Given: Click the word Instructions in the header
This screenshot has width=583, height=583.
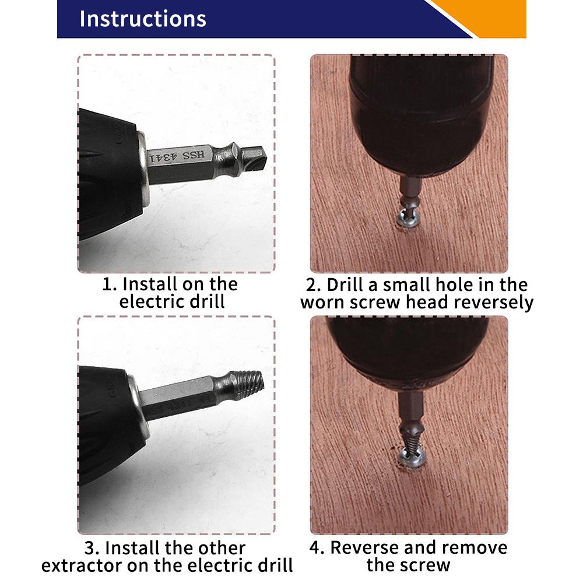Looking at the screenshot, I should tap(143, 19).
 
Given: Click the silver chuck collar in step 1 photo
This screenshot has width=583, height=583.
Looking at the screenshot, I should tap(142, 169).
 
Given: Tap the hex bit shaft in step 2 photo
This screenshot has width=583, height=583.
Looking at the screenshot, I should tap(410, 189).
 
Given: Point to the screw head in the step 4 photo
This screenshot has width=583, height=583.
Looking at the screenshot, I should tap(411, 456).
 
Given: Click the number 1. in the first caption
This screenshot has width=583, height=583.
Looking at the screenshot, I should tap(110, 285).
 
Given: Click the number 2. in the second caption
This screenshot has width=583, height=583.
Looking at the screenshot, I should tap(314, 285).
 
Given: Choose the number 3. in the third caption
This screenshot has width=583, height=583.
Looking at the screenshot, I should tap(93, 549).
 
